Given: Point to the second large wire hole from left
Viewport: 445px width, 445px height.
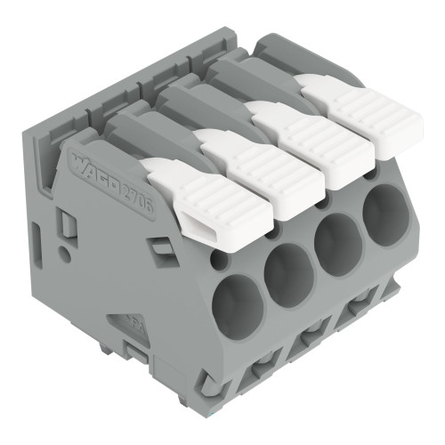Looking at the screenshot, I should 287,270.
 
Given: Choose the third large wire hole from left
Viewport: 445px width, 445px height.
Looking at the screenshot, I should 337,240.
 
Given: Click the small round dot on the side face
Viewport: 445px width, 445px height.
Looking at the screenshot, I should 64,252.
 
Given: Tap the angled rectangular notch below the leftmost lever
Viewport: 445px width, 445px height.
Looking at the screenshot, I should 159,250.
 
